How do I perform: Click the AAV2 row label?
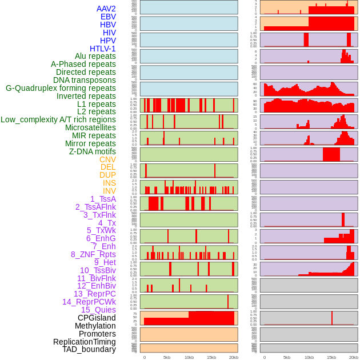point(106,9)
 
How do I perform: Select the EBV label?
point(108,17)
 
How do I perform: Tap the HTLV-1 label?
point(103,49)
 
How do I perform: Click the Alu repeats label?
point(95,56)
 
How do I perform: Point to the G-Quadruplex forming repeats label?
point(61,88)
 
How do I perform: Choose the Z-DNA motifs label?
point(93,151)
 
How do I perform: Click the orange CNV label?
point(107,159)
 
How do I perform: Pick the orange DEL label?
point(108,167)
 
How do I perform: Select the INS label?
point(109,183)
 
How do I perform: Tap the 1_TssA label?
point(103,199)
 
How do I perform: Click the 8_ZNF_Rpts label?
point(93,254)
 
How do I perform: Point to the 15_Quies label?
point(98,310)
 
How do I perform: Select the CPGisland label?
point(97,318)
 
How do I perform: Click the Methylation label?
point(95,326)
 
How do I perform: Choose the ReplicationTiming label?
point(85,342)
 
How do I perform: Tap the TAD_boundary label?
point(89,349)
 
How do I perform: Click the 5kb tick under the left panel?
point(167,357)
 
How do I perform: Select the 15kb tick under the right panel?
point(331,357)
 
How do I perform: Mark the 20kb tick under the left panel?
point(234,357)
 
